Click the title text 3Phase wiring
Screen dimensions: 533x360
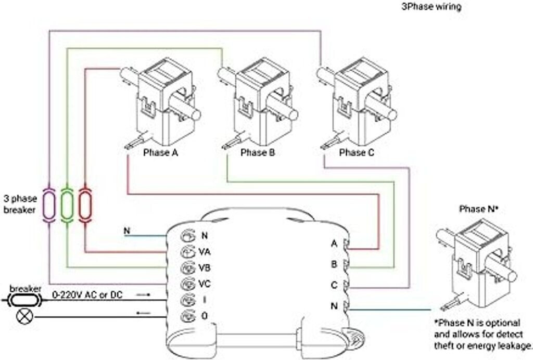tap(432, 6)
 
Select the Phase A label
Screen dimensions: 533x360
tap(160, 152)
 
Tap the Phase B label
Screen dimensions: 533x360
tap(257, 152)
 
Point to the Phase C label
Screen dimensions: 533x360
tap(356, 152)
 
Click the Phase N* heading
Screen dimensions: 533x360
tap(479, 209)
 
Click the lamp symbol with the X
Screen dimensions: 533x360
tap(25, 317)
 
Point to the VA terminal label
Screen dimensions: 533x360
tap(204, 252)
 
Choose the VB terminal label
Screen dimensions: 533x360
tap(204, 268)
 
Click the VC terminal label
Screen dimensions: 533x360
tap(204, 284)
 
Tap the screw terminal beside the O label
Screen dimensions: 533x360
tap(188, 316)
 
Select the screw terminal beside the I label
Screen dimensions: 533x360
tap(188, 300)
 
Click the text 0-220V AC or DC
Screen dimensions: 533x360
tap(87, 295)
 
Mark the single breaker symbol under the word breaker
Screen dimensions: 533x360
tap(25, 300)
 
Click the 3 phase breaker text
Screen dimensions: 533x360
tap(20, 204)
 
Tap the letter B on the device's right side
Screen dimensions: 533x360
tap(334, 264)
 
